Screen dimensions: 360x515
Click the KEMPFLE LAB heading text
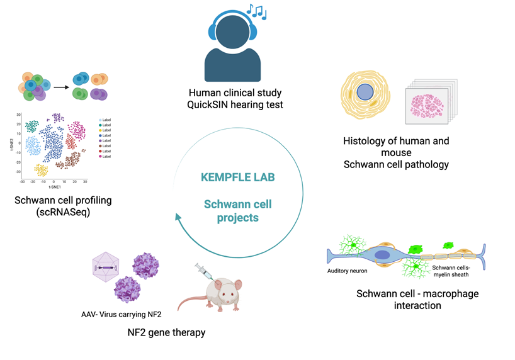(237, 177)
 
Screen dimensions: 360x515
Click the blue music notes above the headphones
(256, 11)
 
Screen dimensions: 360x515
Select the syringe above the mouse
(203, 274)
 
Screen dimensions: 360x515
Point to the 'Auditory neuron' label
(347, 271)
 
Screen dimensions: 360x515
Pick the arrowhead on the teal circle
(179, 218)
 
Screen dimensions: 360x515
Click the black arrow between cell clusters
(60, 87)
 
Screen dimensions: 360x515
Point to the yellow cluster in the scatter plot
(42, 170)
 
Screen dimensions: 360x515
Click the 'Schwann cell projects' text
(237, 210)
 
